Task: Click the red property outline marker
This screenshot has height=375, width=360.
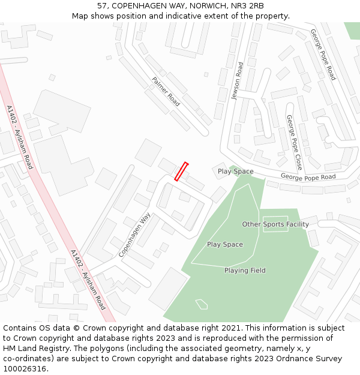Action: pyautogui.click(x=181, y=171)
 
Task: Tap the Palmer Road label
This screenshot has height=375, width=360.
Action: pyautogui.click(x=166, y=91)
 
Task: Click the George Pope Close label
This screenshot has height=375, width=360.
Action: pyautogui.click(x=294, y=142)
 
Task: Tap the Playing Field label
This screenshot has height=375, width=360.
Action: pyautogui.click(x=245, y=271)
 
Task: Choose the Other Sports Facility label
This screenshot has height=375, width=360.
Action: pyautogui.click(x=275, y=224)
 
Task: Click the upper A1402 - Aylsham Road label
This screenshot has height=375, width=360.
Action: pyautogui.click(x=19, y=137)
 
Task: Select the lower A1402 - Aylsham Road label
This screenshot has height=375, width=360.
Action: pyautogui.click(x=88, y=280)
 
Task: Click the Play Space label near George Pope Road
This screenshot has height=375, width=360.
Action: pyautogui.click(x=235, y=172)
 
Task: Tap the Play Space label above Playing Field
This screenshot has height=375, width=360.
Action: pyautogui.click(x=225, y=245)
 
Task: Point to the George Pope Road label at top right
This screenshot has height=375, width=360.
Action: pyautogui.click(x=323, y=55)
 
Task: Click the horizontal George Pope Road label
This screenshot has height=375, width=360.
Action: pyautogui.click(x=308, y=177)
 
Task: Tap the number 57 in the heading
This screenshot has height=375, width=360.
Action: pyautogui.click(x=102, y=5)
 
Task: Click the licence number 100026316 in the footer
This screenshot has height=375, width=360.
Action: pyautogui.click(x=25, y=368)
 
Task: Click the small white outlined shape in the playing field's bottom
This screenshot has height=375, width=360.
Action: pyautogui.click(x=202, y=304)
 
